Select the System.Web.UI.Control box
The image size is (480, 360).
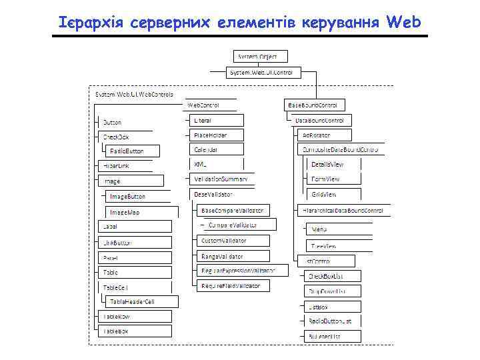[265, 72]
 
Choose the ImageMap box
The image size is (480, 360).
[139, 212]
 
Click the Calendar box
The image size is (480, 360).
[215, 149]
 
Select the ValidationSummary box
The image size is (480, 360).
[221, 179]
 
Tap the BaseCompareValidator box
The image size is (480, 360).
[233, 210]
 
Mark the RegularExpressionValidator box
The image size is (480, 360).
[243, 271]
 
